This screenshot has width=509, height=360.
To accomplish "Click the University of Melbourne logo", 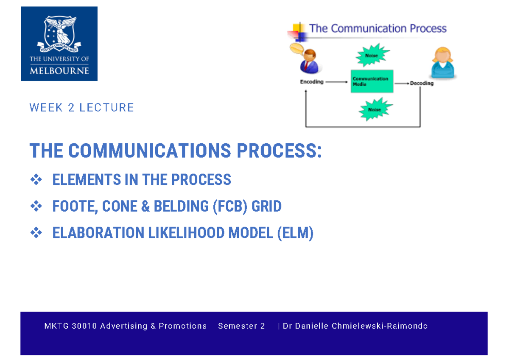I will tap(59, 44).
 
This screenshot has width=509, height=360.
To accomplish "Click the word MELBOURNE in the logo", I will tap(59, 70).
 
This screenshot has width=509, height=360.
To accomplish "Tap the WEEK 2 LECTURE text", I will tap(81, 108).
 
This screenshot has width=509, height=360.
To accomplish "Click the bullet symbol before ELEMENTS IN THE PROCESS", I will tap(36, 180).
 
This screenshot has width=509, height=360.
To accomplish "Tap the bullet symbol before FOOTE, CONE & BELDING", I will tap(36, 207).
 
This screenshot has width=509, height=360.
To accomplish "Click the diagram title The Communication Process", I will tap(378, 29).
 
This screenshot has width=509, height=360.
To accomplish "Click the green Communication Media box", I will tap(372, 81).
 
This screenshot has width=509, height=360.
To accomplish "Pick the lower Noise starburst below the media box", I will tap(375, 109).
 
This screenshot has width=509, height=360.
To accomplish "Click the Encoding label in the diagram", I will tap(312, 82).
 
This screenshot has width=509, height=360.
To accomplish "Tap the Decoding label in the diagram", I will tap(422, 84).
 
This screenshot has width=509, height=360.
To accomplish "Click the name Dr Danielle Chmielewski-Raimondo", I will tap(355, 326).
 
